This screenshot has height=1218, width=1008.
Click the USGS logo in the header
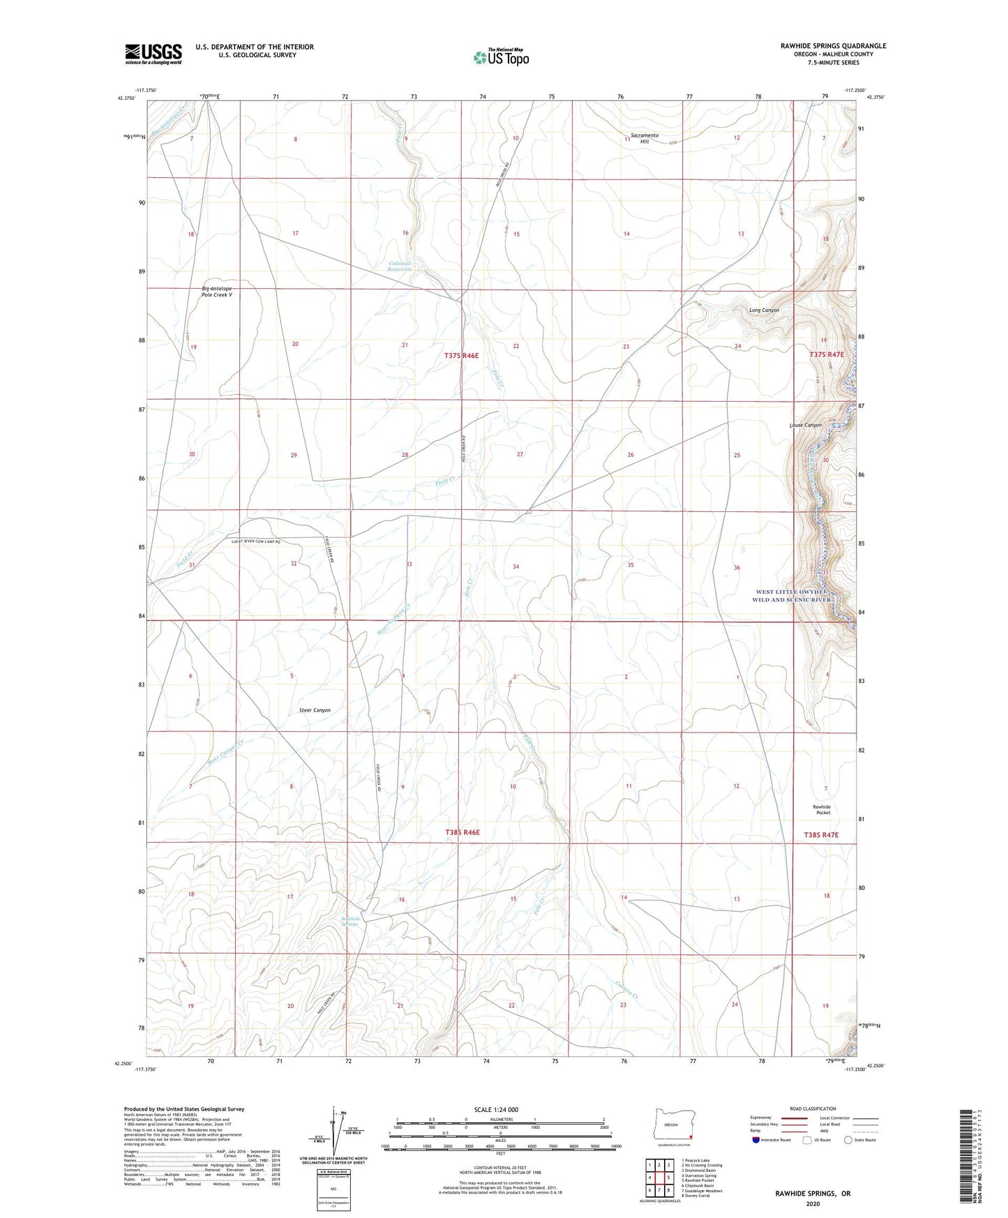pyautogui.click(x=153, y=54)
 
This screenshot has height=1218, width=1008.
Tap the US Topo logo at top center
pyautogui.click(x=500, y=57)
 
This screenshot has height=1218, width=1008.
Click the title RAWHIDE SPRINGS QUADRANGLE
pyautogui.click(x=833, y=46)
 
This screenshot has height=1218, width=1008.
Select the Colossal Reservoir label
pyautogui.click(x=400, y=266)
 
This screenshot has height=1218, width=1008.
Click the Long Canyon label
pyautogui.click(x=764, y=310)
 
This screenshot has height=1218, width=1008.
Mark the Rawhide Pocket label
pyautogui.click(x=822, y=810)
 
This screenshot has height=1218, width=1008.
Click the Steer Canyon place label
pyautogui.click(x=310, y=710)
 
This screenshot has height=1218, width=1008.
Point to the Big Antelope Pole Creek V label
pyautogui.click(x=217, y=292)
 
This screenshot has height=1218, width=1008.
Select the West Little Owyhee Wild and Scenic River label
pyautogui.click(x=792, y=596)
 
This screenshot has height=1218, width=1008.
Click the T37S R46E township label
pyautogui.click(x=462, y=356)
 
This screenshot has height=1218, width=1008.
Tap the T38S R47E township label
pyautogui.click(x=820, y=835)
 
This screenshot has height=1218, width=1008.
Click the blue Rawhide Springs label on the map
pyautogui.click(x=350, y=922)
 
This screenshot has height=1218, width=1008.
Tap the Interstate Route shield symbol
pyautogui.click(x=756, y=1140)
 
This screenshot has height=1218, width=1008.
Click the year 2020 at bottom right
pyautogui.click(x=813, y=1203)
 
